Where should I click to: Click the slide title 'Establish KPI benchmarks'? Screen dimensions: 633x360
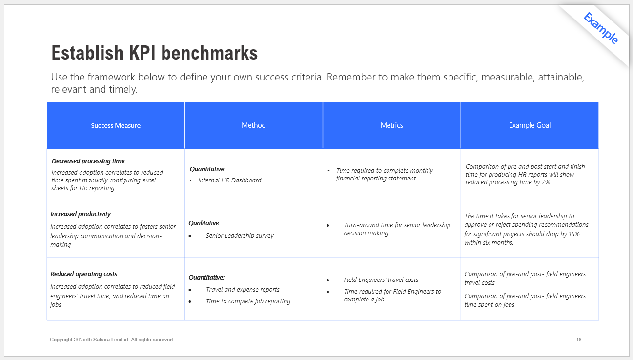tap(154, 53)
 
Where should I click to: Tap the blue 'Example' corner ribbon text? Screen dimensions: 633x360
tap(601, 28)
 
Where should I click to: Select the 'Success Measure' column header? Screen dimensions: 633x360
tap(116, 126)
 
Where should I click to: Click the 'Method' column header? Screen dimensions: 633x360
tap(253, 125)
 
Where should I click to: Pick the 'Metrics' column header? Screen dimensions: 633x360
tap(392, 125)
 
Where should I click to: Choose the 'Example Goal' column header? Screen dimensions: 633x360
tap(530, 125)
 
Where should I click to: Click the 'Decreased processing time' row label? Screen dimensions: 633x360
tap(88, 161)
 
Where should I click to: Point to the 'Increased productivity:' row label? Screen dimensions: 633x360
tap(81, 214)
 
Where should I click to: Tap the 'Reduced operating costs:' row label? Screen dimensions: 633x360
tap(84, 274)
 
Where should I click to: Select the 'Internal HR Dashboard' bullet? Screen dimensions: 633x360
tap(230, 180)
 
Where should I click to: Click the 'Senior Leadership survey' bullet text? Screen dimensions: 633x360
tap(240, 235)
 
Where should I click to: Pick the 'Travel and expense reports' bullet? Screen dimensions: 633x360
tap(243, 289)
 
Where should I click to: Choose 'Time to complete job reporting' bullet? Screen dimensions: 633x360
tap(248, 301)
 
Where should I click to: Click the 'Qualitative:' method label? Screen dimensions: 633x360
tap(204, 223)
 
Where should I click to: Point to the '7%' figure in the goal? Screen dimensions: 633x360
tap(546, 182)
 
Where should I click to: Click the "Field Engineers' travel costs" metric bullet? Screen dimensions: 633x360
tap(381, 280)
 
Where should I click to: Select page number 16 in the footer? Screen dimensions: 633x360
tap(579, 340)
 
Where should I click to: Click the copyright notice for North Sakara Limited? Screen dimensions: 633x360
tap(112, 340)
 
